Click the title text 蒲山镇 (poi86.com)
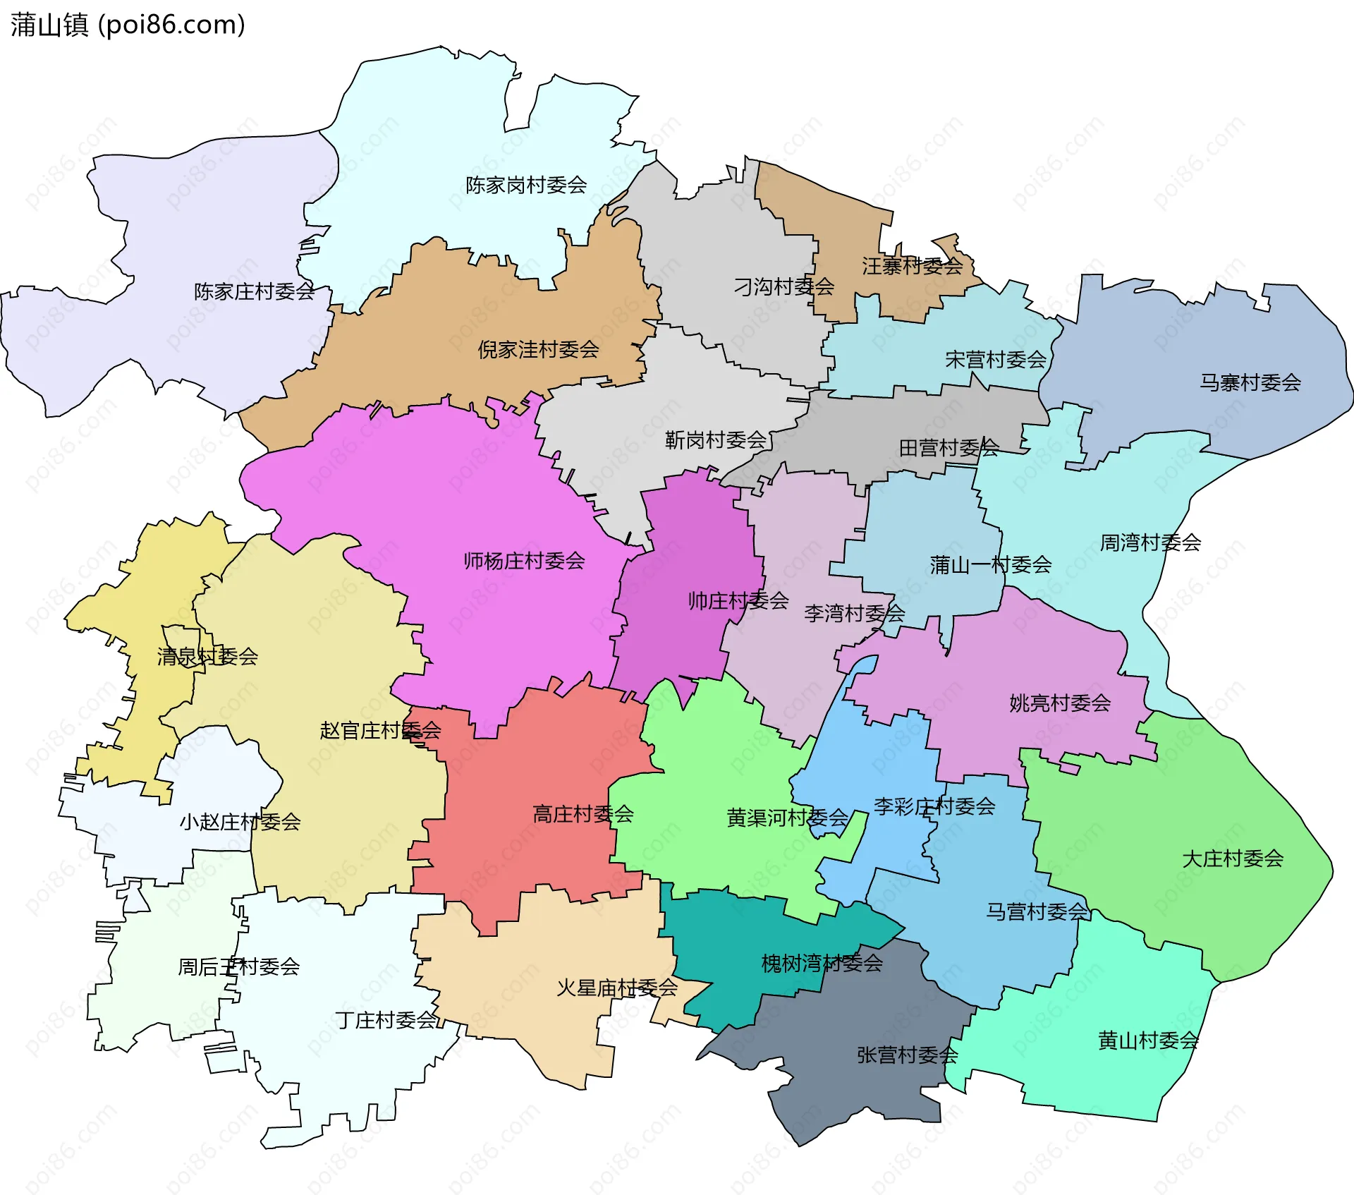pyautogui.click(x=128, y=25)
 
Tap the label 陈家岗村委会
pyautogui.click(x=526, y=186)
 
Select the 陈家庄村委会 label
pyautogui.click(x=255, y=291)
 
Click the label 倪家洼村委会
pyautogui.click(x=538, y=349)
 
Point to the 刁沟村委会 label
pyautogui.click(x=783, y=286)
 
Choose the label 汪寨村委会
pyautogui.click(x=912, y=266)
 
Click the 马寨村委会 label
pyautogui.click(x=1250, y=382)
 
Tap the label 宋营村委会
pyautogui.click(x=995, y=360)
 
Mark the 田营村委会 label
pyautogui.click(x=949, y=447)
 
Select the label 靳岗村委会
pyautogui.click(x=716, y=440)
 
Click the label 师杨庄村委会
pyautogui.click(x=524, y=561)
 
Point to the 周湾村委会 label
pyautogui.click(x=1150, y=542)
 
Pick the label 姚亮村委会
pyautogui.click(x=1059, y=703)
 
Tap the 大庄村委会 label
pyautogui.click(x=1232, y=859)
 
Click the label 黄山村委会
pyautogui.click(x=1148, y=1040)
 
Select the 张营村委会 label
pyautogui.click(x=907, y=1055)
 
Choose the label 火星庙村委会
pyautogui.click(x=617, y=988)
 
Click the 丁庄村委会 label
pyautogui.click(x=386, y=1020)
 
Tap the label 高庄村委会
pyautogui.click(x=583, y=814)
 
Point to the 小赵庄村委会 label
pyautogui.click(x=240, y=822)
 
